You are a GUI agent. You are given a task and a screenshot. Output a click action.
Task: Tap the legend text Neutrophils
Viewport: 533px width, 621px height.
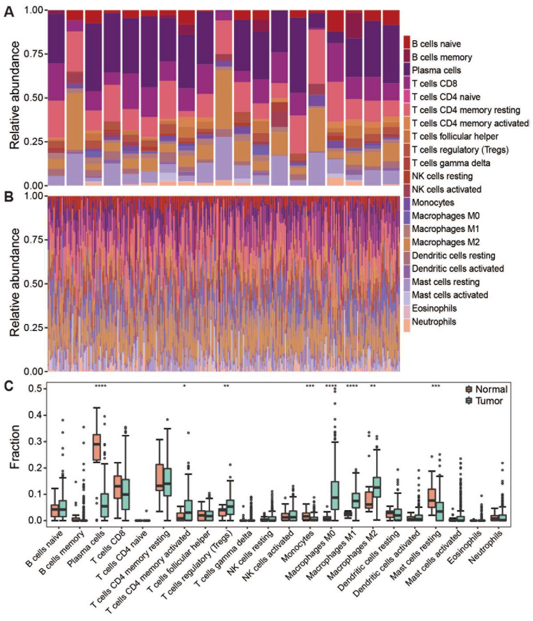click(434, 322)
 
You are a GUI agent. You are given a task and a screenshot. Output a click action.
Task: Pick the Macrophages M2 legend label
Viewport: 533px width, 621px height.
click(445, 242)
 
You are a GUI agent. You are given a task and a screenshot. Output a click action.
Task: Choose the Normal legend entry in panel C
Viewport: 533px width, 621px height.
click(491, 389)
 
